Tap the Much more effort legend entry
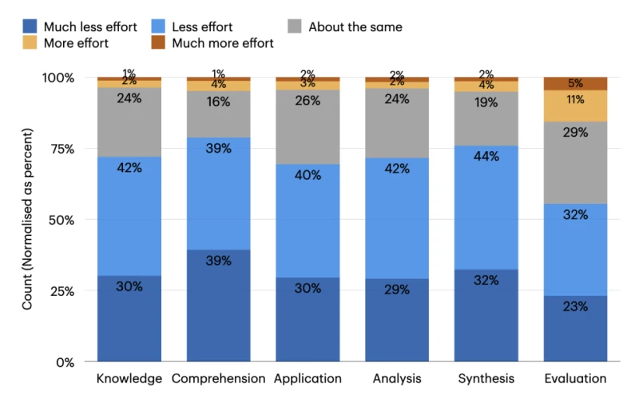coord(212,43)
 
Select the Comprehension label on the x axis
coord(218,378)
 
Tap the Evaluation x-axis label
coord(575,378)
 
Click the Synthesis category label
coord(486,378)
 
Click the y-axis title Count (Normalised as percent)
coord(27,220)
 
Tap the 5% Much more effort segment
coord(575,83)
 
